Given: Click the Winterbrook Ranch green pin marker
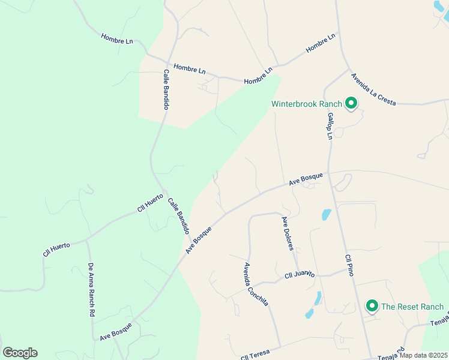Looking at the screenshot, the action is click(x=351, y=104).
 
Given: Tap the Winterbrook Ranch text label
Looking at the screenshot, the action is click(x=306, y=104).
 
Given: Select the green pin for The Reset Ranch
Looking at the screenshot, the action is click(x=372, y=307).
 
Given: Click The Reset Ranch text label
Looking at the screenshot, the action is click(x=412, y=307).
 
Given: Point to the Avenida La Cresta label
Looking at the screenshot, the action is click(x=373, y=89).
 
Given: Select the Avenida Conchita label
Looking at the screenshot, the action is click(x=256, y=284).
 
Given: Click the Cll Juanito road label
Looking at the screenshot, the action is click(x=300, y=274).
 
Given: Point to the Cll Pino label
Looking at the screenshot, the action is click(x=348, y=265).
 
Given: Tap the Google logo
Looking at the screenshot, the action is click(x=20, y=353).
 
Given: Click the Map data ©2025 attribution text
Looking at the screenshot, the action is click(x=423, y=356).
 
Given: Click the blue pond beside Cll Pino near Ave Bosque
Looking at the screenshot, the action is click(x=326, y=214).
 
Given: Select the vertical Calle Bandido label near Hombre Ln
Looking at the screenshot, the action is click(x=166, y=89).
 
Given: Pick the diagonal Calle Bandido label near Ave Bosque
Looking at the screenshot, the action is click(x=179, y=216).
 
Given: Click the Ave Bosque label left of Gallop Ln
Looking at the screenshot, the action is click(x=306, y=179).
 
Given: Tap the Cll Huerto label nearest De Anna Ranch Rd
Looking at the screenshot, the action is click(x=56, y=249).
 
